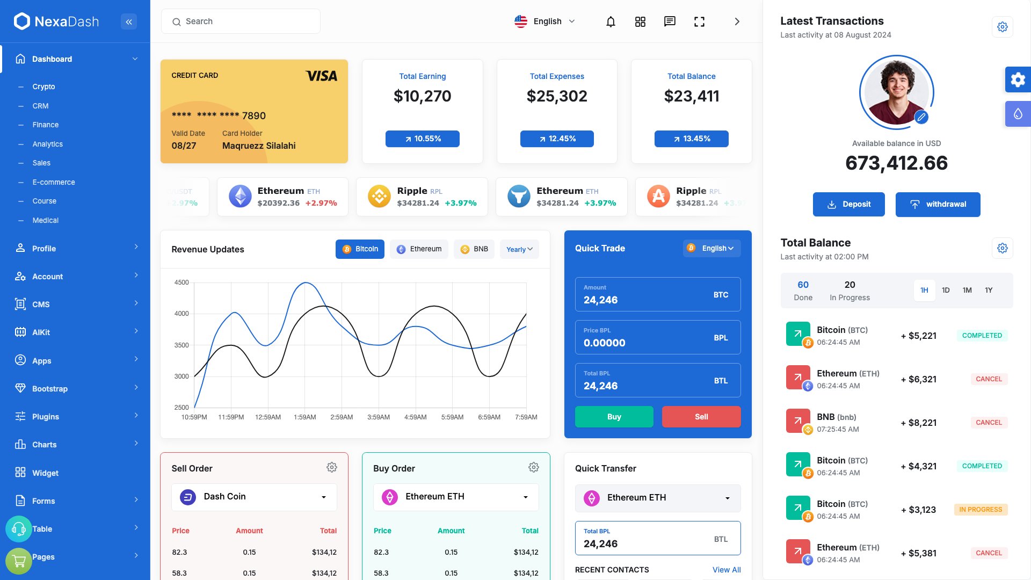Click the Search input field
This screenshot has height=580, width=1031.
point(241,21)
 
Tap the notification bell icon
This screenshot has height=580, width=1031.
point(611,21)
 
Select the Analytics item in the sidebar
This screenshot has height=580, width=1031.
point(47,144)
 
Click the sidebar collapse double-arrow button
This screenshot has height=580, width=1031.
point(129,21)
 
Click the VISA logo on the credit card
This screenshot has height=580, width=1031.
point(321,76)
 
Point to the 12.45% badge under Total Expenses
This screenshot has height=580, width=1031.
point(557,139)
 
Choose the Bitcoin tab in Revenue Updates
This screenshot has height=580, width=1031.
point(360,249)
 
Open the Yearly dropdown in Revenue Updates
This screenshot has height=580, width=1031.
point(519,249)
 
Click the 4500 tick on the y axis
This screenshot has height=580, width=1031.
point(181,282)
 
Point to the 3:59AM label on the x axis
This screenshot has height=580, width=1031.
point(379,417)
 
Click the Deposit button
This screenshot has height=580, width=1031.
point(848,204)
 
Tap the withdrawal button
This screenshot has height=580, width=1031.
point(938,204)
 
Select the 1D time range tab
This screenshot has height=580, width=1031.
point(946,290)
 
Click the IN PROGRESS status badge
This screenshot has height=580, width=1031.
point(981,510)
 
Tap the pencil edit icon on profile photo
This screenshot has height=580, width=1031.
point(921,117)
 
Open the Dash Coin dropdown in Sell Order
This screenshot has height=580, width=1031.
point(254,497)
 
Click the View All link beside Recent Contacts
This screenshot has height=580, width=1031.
point(727,570)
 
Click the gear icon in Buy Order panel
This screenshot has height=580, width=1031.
point(533,467)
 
